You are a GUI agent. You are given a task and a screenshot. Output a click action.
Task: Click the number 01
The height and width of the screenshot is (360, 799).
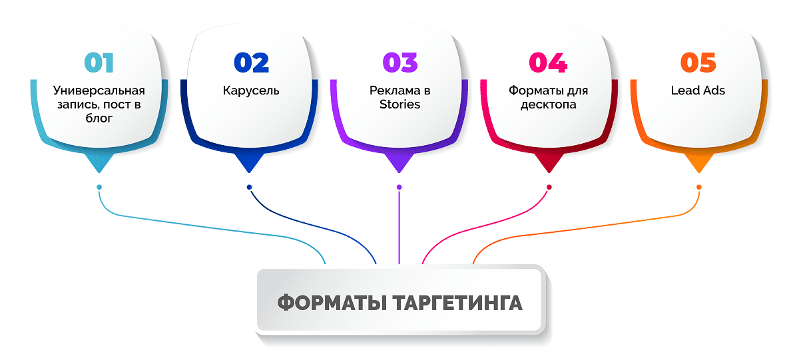(99, 63)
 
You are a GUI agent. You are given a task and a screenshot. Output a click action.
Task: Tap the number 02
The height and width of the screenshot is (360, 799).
(251, 63)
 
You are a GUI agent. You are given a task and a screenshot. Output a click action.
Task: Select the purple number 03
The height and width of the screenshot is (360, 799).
(400, 63)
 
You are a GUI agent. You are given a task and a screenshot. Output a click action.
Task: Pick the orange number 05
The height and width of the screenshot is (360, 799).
(698, 63)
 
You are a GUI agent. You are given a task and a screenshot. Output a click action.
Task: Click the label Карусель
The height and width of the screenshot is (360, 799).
(251, 90)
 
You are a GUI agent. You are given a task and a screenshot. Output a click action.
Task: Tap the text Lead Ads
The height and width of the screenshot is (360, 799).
(698, 90)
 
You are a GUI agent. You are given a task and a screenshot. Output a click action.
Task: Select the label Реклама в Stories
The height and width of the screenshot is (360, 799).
(400, 97)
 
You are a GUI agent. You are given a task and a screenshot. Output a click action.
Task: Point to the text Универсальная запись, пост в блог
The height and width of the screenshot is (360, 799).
(99, 104)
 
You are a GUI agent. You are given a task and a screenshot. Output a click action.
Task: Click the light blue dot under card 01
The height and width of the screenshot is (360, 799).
(99, 187)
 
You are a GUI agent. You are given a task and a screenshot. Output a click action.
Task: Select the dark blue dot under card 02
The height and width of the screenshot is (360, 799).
(249, 187)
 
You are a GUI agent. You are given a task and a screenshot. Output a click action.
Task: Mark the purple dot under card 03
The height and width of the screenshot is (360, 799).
(399, 187)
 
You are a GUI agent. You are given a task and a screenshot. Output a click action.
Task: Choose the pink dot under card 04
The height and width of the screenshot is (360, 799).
(549, 187)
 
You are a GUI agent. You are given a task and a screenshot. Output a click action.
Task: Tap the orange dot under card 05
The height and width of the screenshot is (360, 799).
(698, 187)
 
